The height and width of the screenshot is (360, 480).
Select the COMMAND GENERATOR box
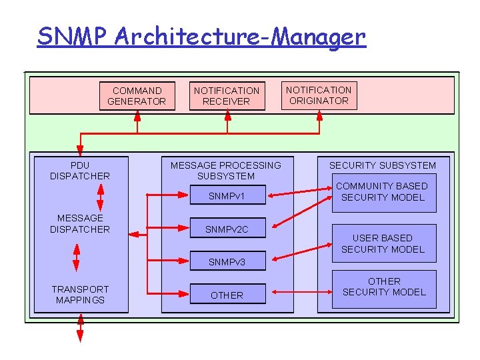137,96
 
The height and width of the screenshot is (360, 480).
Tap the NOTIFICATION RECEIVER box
227,96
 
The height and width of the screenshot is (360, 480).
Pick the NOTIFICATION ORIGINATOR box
319,95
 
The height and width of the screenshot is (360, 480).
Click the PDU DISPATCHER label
80,171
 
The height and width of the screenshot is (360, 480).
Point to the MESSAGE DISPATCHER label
80,223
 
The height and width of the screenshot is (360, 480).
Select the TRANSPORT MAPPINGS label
80,295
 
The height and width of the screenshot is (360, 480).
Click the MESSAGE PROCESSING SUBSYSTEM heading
226,171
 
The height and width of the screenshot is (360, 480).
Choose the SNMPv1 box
227,197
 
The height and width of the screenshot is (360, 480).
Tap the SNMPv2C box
227,229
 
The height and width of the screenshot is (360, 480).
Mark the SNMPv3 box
227,261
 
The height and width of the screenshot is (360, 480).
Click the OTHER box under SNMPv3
227,295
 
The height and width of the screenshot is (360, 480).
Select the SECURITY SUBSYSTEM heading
383,165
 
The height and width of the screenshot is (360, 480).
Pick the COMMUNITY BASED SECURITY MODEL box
382,192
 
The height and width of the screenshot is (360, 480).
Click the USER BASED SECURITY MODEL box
383,243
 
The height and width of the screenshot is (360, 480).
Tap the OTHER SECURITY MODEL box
384,287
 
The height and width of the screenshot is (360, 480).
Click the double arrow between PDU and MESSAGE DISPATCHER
100,196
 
